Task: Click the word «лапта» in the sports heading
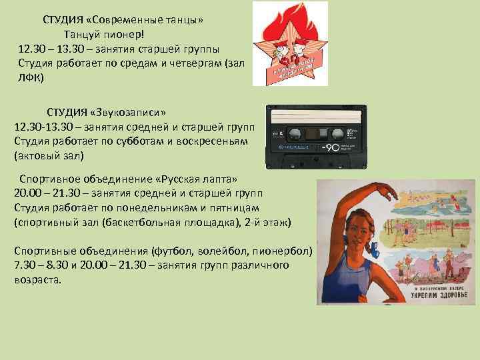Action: pos(217,179)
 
